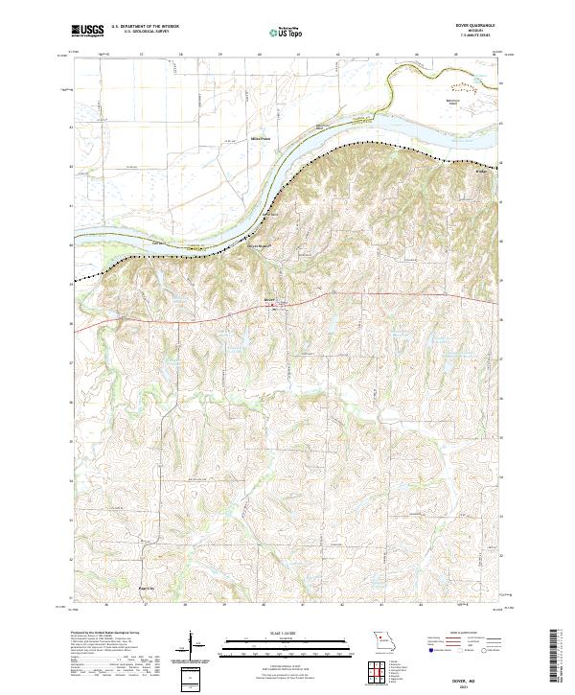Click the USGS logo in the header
87,32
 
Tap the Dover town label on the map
269,299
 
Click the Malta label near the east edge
482,174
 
